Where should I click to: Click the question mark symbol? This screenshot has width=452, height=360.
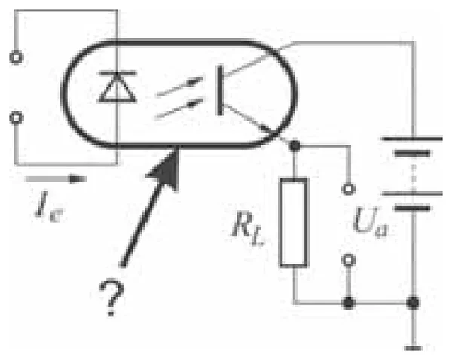pyautogui.click(x=111, y=297)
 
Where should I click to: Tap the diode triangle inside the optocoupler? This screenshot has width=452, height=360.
pyautogui.click(x=117, y=87)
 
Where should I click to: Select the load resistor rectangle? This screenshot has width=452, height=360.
pyautogui.click(x=294, y=222)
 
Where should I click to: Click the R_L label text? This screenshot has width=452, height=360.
pyautogui.click(x=248, y=228)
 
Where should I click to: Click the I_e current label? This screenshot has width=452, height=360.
pyautogui.click(x=49, y=206)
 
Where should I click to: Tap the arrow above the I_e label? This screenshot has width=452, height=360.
pyautogui.click(x=56, y=179)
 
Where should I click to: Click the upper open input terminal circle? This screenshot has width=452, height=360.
pyautogui.click(x=17, y=57)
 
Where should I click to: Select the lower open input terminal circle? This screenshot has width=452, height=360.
pyautogui.click(x=17, y=118)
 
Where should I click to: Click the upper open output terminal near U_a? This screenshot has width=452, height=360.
pyautogui.click(x=348, y=189)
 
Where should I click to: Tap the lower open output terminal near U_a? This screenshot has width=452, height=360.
pyautogui.click(x=348, y=260)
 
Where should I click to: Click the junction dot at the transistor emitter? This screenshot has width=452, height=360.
pyautogui.click(x=295, y=146)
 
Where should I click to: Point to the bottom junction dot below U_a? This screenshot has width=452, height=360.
pyautogui.click(x=348, y=303)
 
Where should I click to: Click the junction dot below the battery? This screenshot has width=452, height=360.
pyautogui.click(x=413, y=303)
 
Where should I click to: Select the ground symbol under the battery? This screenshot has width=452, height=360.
pyautogui.click(x=414, y=348)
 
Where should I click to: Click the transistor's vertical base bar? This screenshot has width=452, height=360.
pyautogui.click(x=220, y=90)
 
